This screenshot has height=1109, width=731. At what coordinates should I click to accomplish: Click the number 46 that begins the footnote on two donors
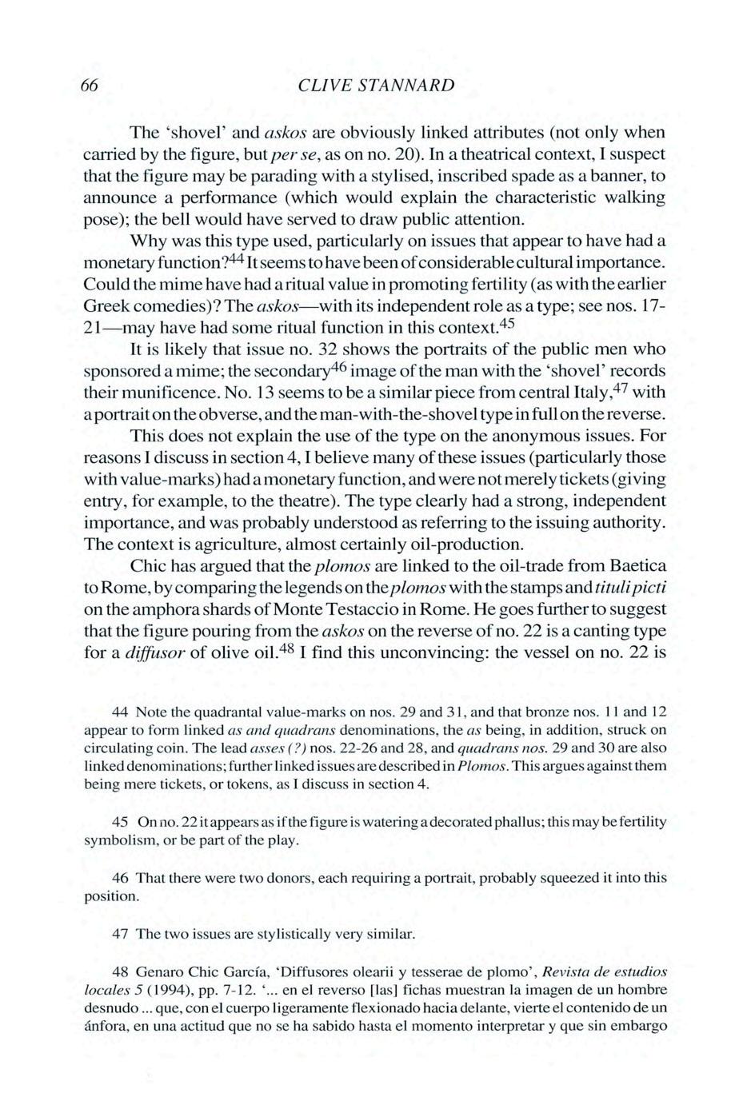[x=121, y=878]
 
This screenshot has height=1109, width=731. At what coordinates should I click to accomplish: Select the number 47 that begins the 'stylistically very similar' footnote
[x=121, y=933]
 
